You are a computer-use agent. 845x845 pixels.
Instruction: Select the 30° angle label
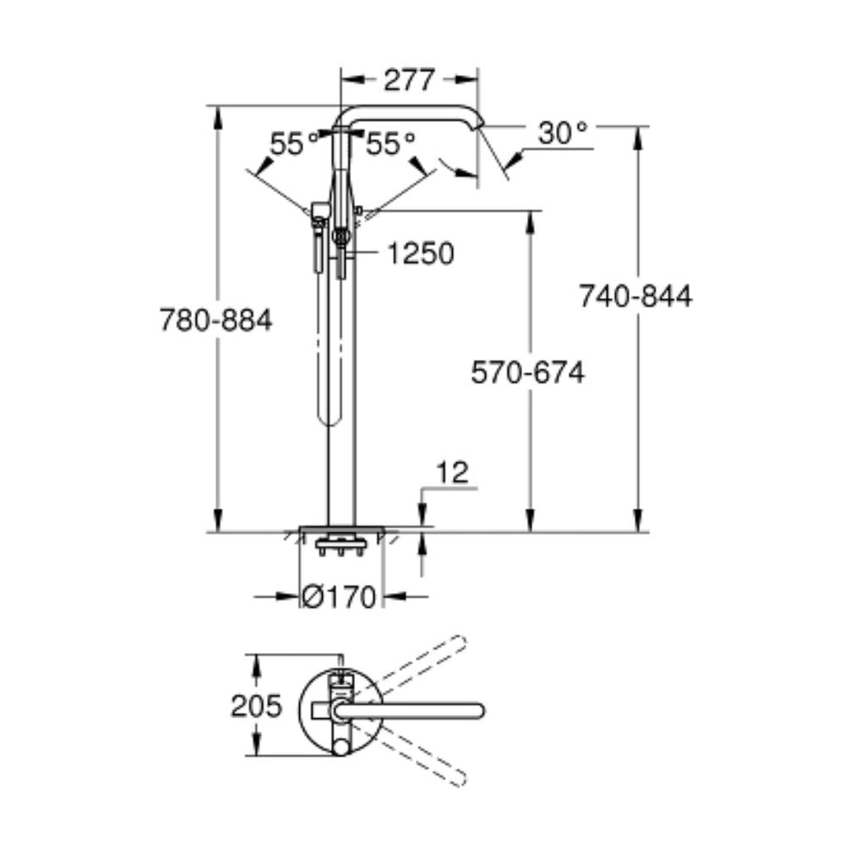point(563,133)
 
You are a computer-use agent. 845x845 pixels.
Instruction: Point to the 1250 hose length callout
point(420,252)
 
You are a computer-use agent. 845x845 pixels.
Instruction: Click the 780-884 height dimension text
point(216,320)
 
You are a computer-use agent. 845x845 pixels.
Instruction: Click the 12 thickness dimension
point(456,473)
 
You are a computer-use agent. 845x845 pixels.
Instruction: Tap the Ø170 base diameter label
point(339,598)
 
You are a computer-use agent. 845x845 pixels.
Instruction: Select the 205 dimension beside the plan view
point(256,705)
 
